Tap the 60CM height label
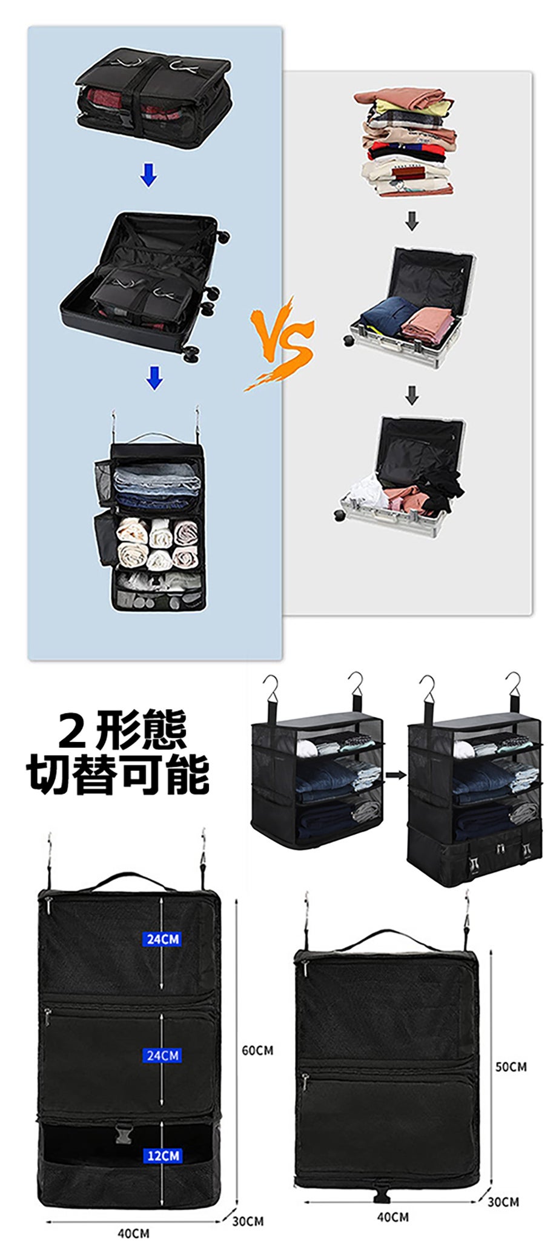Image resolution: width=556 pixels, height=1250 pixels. [x=257, y=1050]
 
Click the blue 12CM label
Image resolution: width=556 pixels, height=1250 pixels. [x=163, y=1156]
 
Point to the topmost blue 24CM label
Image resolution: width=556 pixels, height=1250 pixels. [x=162, y=939]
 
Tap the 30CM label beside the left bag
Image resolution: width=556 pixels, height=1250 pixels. [x=248, y=1221]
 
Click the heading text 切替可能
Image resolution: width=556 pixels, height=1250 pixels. [x=119, y=773]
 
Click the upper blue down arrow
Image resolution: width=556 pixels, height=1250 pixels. [x=148, y=174]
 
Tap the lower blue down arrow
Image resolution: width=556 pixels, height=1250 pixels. [x=154, y=377]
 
